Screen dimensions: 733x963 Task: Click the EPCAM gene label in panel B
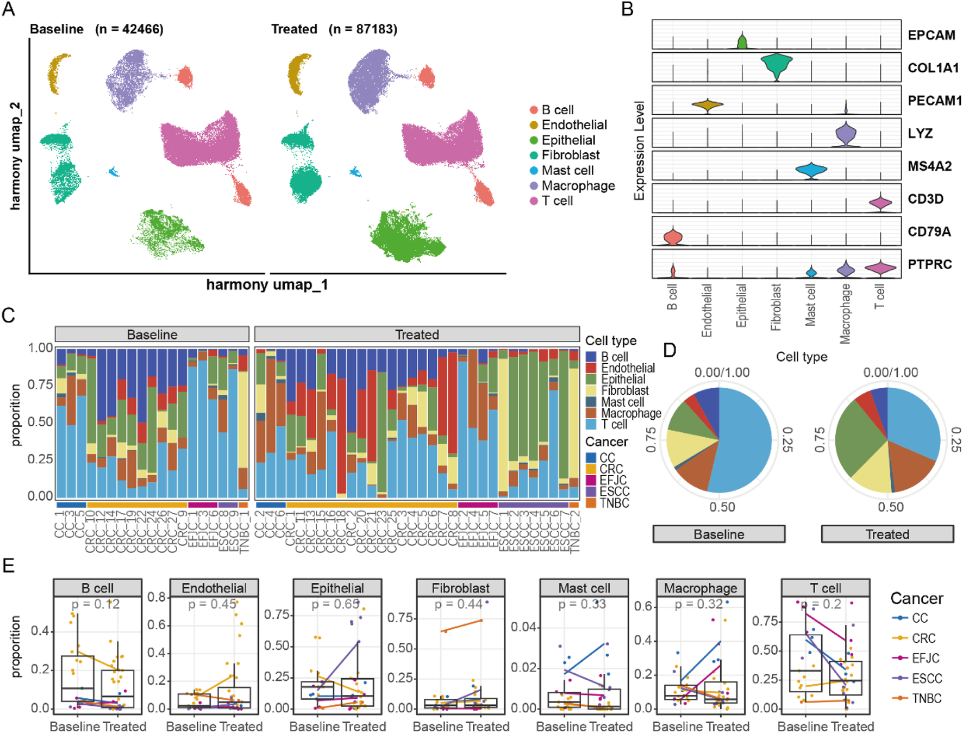click(931, 35)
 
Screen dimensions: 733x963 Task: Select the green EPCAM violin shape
click(742, 41)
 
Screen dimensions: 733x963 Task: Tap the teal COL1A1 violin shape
click(777, 65)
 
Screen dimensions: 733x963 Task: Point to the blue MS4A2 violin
click(811, 170)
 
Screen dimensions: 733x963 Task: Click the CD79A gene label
click(929, 232)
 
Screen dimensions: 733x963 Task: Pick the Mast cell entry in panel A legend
click(567, 171)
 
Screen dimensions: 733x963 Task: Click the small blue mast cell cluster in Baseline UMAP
click(114, 172)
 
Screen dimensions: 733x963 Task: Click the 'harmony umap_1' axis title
click(267, 284)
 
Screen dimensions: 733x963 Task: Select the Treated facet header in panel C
click(417, 334)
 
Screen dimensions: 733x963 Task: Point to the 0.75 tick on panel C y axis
click(40, 384)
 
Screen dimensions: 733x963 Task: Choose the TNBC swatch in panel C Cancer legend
click(591, 503)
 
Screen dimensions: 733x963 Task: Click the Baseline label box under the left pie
click(718, 534)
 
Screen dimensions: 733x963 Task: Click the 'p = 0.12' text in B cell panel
click(96, 604)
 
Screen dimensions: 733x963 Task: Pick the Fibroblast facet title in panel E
click(460, 588)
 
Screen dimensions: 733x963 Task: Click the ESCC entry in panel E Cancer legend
click(926, 679)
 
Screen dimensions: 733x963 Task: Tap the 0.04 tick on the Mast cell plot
click(524, 627)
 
